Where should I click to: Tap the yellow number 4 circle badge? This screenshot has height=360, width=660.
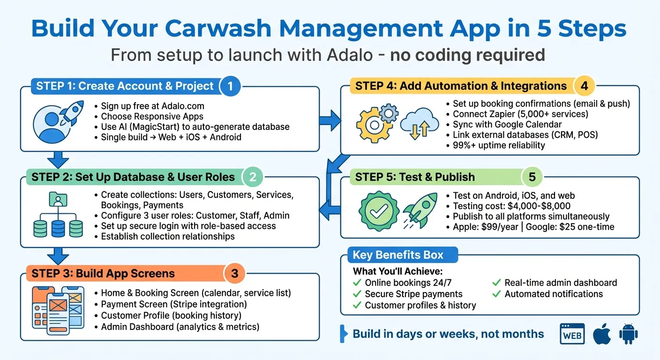[584, 86]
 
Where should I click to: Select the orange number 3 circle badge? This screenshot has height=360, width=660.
[235, 274]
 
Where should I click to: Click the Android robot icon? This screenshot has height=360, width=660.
[628, 334]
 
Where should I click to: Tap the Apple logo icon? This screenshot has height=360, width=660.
[601, 334]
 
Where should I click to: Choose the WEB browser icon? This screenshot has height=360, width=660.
[572, 335]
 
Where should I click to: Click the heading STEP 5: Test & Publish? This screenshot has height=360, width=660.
[415, 177]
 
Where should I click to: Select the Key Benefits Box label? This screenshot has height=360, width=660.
[398, 255]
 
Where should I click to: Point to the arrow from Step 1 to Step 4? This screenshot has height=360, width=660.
[330, 120]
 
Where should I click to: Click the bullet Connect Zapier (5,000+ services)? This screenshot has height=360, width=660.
[520, 114]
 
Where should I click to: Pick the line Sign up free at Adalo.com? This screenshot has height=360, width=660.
[152, 106]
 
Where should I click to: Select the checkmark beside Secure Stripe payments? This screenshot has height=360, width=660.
[357, 294]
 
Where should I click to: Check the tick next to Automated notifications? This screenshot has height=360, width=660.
[496, 294]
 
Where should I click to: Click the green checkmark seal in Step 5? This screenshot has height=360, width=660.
[376, 212]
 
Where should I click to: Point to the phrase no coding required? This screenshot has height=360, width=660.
[467, 55]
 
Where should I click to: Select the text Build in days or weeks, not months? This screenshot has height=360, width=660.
[448, 334]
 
